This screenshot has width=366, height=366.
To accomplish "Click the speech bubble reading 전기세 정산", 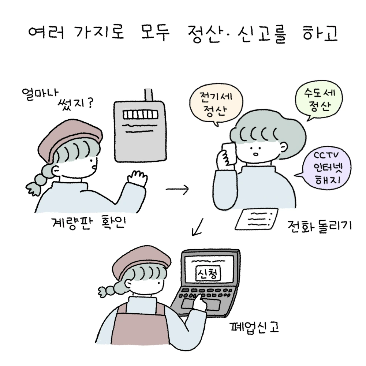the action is [x=216, y=104].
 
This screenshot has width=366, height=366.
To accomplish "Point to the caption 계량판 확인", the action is [x=89, y=223].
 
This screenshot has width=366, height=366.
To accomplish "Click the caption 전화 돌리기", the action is [x=320, y=226].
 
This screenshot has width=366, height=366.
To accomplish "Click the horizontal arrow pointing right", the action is [x=177, y=189].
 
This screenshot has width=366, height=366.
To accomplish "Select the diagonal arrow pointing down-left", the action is [x=198, y=227].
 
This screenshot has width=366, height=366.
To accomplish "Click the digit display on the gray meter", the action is [x=141, y=115].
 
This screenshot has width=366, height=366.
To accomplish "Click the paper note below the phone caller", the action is [x=257, y=219].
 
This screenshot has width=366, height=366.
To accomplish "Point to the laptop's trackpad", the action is [x=201, y=304].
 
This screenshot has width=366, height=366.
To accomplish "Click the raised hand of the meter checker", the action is [x=138, y=178].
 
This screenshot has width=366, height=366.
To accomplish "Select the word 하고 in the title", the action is [x=320, y=33].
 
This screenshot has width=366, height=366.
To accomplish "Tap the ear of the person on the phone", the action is [x=284, y=147].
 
